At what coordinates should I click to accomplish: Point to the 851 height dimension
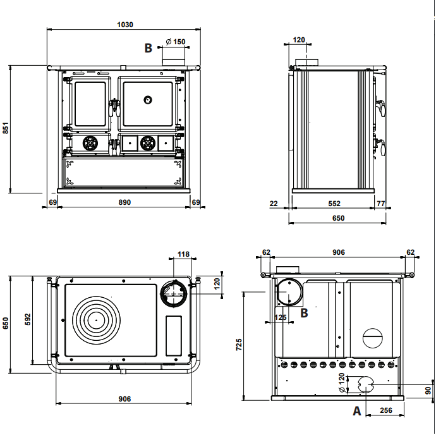(x=6, y=128)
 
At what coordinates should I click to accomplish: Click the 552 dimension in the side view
(x=334, y=204)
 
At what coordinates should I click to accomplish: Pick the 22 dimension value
(x=274, y=204)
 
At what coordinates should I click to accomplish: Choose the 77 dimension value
(x=381, y=204)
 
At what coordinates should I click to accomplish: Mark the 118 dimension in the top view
(x=183, y=255)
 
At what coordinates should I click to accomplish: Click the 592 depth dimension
(x=27, y=320)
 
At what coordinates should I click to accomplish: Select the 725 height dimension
(x=239, y=345)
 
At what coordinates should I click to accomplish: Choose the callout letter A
(x=357, y=411)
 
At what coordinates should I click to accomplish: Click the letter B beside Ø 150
(x=148, y=47)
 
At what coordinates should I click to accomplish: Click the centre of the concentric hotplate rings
(x=97, y=319)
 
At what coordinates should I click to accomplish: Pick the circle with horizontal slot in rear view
(x=372, y=337)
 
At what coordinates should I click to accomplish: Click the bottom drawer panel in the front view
(x=123, y=172)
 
